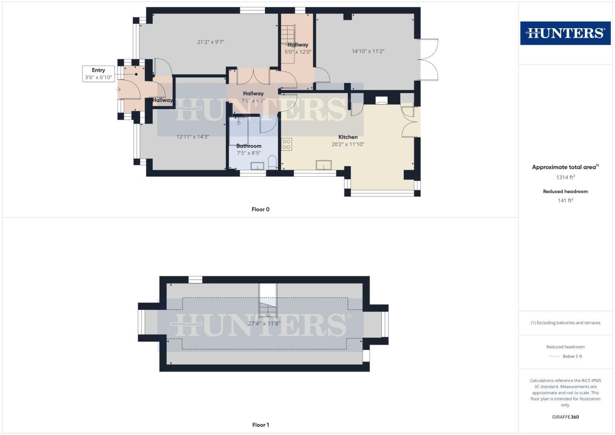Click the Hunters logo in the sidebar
tap(565, 33)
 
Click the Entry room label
tap(98, 70)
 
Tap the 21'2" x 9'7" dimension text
tap(211, 42)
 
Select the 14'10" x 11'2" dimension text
tap(368, 51)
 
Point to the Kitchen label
tap(348, 137)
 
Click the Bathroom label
tap(248, 146)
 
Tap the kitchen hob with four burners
tap(286, 144)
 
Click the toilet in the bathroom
tap(272, 162)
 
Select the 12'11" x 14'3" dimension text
tap(193, 137)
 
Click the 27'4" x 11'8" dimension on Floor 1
tap(264, 323)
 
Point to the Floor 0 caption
tap(261, 209)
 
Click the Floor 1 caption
tap(261, 425)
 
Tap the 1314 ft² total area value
tap(565, 177)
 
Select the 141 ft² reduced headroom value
tap(565, 201)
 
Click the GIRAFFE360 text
tap(565, 417)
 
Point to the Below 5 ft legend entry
tap(572, 356)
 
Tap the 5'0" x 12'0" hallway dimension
tap(298, 52)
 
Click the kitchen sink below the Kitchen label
tap(324, 165)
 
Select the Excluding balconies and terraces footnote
tap(565, 323)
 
